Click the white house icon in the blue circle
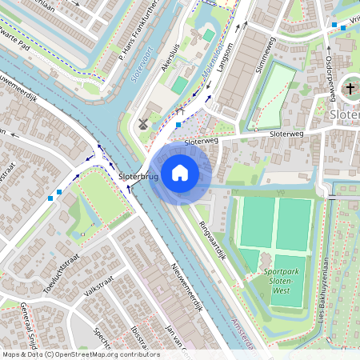(x=180, y=172)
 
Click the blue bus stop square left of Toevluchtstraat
(x=50, y=196)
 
